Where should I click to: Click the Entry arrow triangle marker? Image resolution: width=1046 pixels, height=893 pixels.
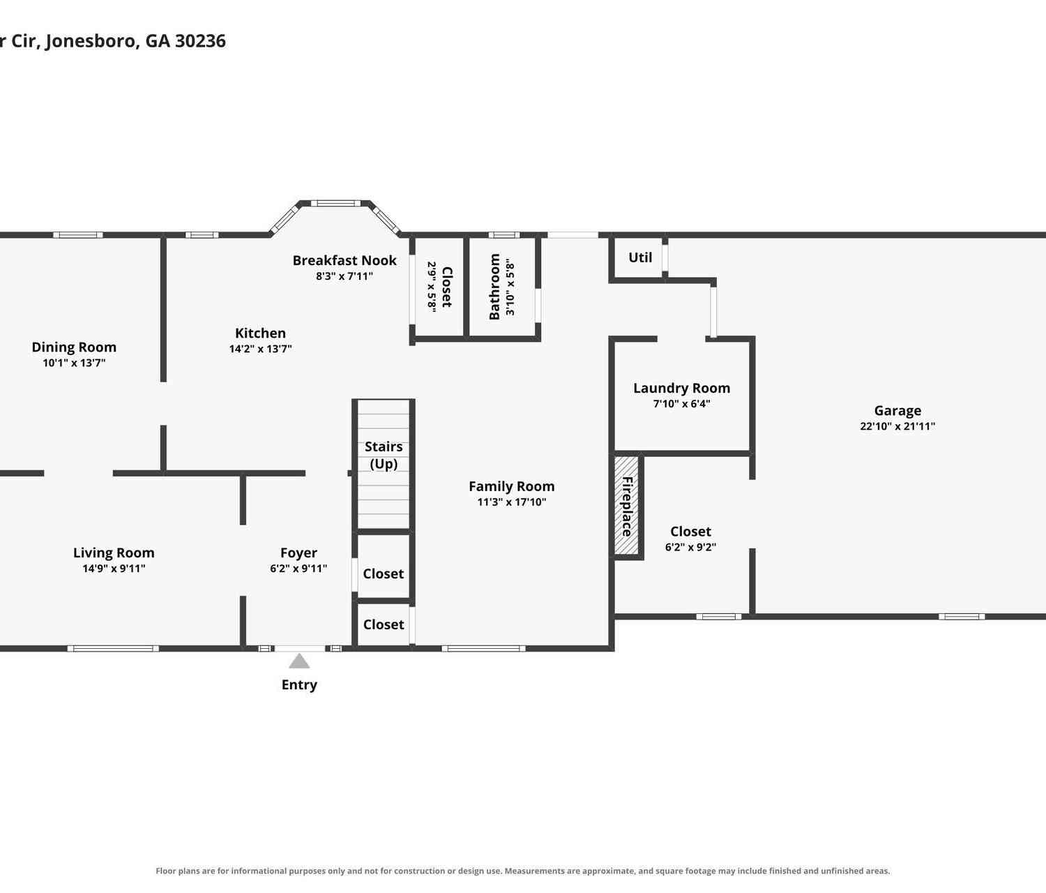(x=299, y=661)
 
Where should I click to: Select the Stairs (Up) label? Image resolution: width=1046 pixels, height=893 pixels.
(x=384, y=455)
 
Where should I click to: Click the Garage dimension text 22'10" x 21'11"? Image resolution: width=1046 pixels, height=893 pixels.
(x=897, y=426)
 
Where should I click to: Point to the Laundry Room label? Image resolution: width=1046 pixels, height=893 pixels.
(x=682, y=389)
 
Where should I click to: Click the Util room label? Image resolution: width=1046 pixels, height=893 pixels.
(x=640, y=257)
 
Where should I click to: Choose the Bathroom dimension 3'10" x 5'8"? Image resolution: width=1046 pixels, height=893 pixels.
(x=510, y=287)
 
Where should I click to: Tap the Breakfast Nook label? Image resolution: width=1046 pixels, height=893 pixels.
(x=344, y=260)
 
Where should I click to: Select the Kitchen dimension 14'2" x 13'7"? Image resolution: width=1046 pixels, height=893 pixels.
(x=261, y=349)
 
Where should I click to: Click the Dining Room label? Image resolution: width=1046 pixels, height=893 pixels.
(x=74, y=347)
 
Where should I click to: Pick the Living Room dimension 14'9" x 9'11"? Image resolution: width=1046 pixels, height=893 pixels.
(x=114, y=569)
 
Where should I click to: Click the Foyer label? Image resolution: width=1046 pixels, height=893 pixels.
(x=298, y=553)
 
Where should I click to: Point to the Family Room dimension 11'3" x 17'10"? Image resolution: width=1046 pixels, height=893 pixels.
(x=512, y=502)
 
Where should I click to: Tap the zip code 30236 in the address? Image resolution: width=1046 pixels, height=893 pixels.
(x=200, y=41)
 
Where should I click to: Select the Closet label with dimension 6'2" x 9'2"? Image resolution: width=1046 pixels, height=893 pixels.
(x=691, y=532)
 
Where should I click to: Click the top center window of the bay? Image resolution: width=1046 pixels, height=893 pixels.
(x=335, y=204)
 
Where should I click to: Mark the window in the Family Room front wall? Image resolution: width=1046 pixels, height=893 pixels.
(x=484, y=649)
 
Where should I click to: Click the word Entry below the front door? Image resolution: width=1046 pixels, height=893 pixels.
(x=299, y=685)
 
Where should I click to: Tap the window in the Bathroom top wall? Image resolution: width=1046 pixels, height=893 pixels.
(x=504, y=235)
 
